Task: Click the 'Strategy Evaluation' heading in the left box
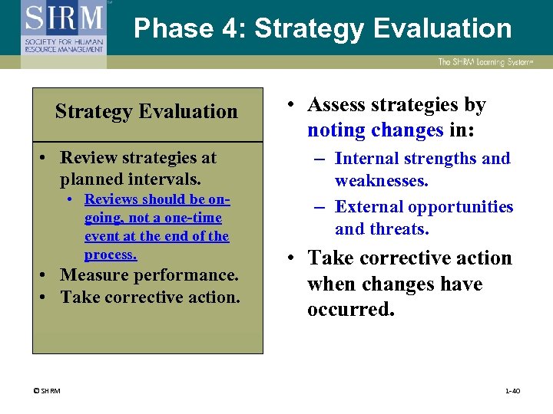(147, 112)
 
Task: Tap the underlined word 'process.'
(111, 255)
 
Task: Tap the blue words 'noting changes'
(376, 130)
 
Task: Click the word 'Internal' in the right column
(366, 159)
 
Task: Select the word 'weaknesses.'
(382, 181)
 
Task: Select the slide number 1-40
(512, 392)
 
